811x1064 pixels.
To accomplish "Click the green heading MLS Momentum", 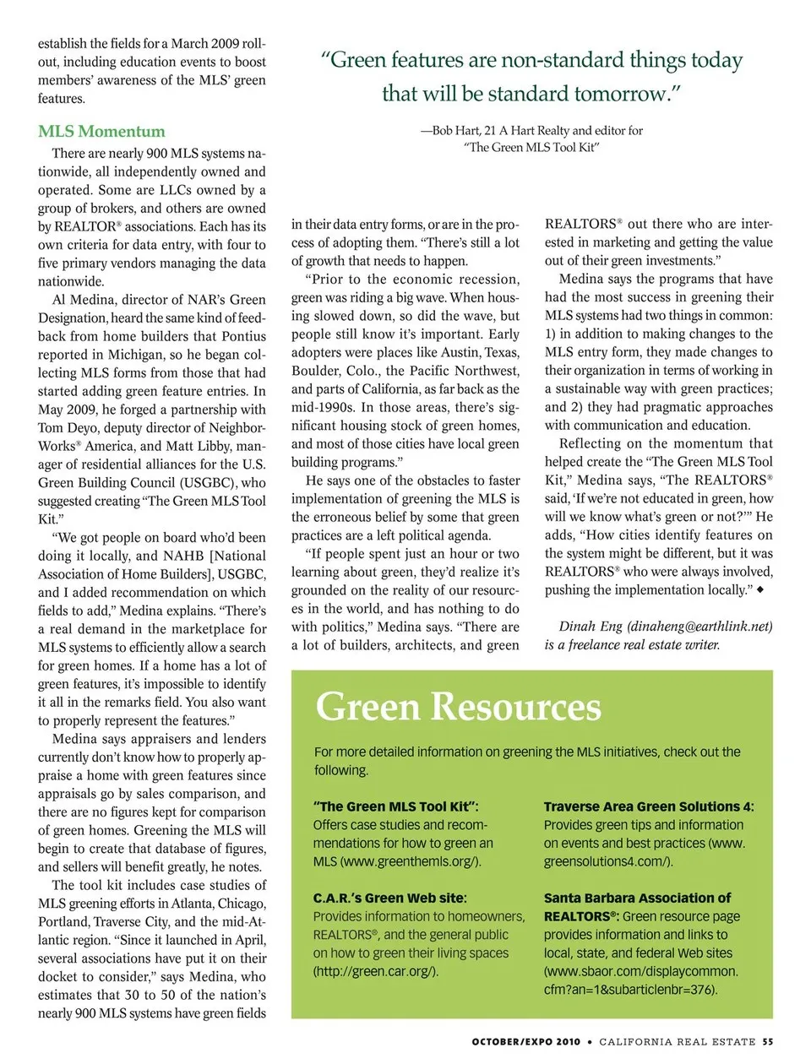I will coord(101,131).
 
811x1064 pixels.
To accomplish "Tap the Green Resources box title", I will coord(458,707).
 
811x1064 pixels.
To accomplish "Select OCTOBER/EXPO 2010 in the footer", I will coord(525,1041).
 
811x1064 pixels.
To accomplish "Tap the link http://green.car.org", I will coord(376,971).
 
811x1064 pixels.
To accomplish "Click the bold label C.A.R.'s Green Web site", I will coord(389,898).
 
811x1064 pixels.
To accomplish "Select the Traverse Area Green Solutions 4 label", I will coord(648,806).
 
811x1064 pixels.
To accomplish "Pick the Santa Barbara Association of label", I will coord(637,898).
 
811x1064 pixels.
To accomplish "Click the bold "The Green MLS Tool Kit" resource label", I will coord(395,806).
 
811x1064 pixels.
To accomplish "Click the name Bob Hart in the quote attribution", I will coord(455,130).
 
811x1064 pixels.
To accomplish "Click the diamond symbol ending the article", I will coord(760,589).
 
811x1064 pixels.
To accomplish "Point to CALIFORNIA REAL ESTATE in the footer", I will coord(678,1041).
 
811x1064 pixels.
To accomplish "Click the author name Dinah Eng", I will coord(591,626).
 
